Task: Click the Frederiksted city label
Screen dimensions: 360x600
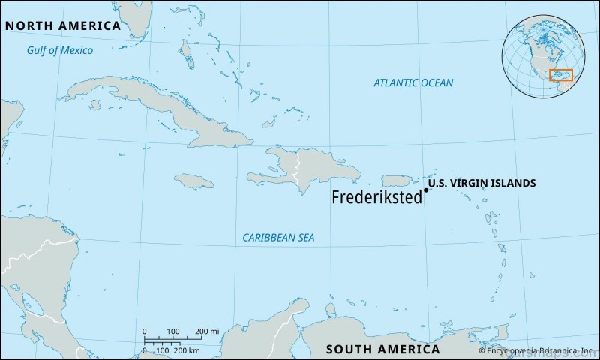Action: coord(377,198)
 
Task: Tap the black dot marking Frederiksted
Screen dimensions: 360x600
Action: coord(426,190)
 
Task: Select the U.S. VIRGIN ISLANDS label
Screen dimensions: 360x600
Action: coord(481,183)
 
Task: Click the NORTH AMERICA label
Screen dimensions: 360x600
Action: coord(63,25)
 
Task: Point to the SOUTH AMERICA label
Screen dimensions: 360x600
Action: coord(382,349)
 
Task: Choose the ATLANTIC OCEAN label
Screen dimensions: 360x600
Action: coord(413,82)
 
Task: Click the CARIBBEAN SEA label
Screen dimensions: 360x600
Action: coord(278,238)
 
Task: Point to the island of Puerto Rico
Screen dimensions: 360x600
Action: coord(397,181)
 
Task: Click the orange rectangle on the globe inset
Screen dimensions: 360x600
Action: coord(560,75)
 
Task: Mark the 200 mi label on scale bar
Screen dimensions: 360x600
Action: coord(206,331)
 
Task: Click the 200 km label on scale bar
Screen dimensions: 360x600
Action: coord(186,349)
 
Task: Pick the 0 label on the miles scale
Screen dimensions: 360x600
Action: coord(144,331)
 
